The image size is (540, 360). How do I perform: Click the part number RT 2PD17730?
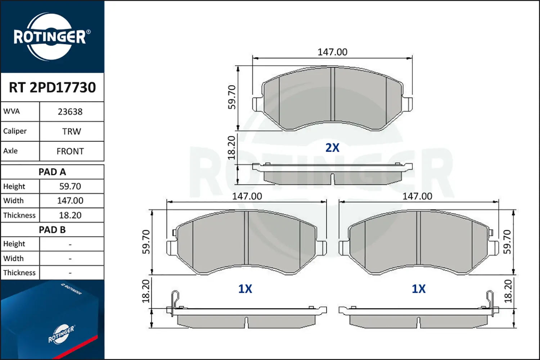pos(52,87)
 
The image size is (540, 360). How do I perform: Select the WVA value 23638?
pos(70,112)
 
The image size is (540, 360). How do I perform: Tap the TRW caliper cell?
pos(72,132)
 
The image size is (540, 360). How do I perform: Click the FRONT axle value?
pos(70,152)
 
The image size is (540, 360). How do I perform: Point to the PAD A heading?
pos(52,172)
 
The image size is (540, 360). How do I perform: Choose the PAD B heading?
pos(52,230)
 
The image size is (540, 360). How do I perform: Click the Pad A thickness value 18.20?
pos(70,215)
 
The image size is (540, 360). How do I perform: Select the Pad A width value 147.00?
pos(70,201)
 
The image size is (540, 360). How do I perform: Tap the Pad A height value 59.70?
pos(70,186)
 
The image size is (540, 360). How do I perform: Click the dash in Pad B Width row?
pos(70,259)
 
